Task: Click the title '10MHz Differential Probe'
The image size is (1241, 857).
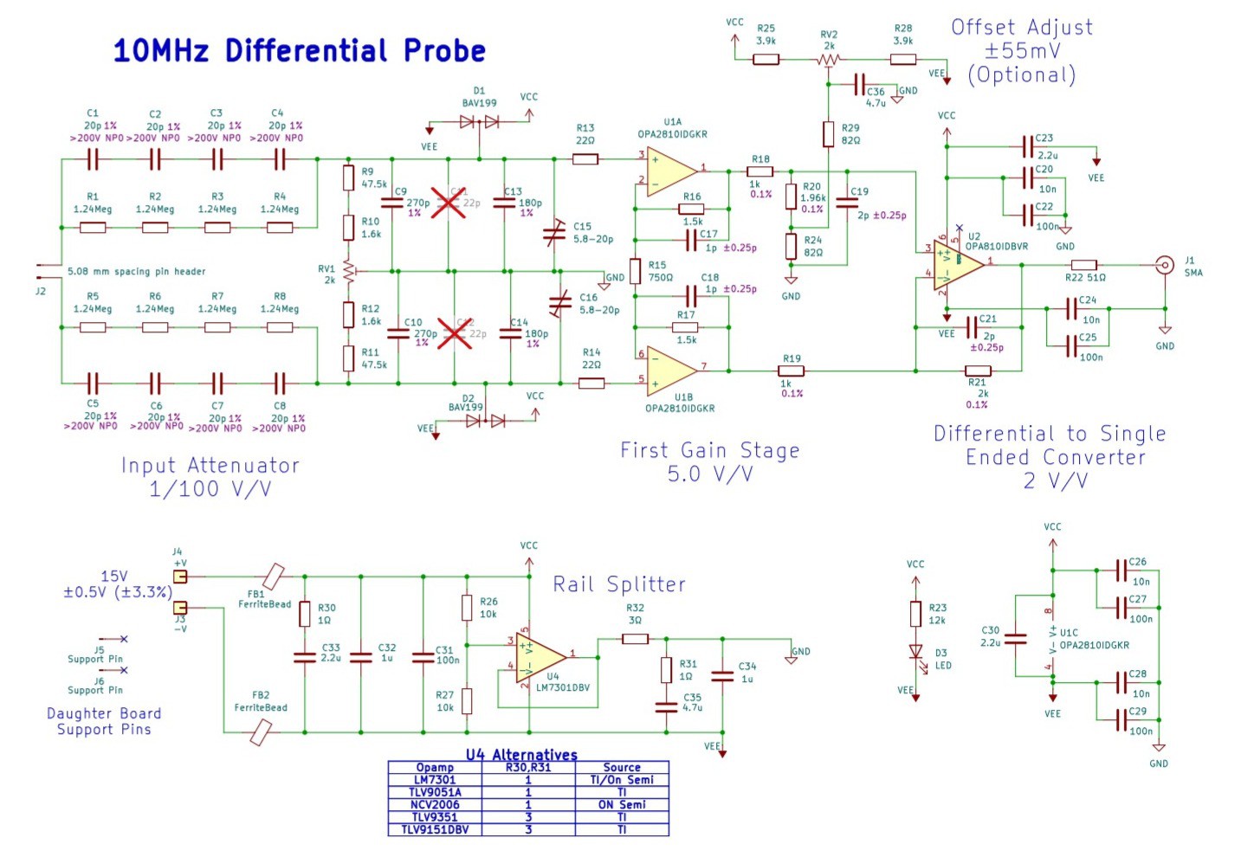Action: point(299,50)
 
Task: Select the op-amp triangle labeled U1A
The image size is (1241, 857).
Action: point(670,171)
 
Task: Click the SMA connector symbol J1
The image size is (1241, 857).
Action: point(1166,265)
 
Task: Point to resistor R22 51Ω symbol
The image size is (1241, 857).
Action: point(1083,265)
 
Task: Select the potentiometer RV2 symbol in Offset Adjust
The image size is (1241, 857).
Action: point(829,60)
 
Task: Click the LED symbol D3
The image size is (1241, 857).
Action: point(915,652)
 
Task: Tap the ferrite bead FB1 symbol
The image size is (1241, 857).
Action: point(274,576)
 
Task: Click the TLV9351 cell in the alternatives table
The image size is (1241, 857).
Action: point(435,816)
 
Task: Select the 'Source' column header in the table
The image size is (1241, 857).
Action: point(622,767)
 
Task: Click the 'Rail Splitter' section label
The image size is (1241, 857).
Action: point(619,584)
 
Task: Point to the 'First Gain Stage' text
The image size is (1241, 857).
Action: point(709,450)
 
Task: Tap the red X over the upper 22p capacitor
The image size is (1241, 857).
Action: point(448,203)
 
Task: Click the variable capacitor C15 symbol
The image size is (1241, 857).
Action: point(554,233)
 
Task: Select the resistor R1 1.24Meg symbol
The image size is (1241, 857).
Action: point(93,228)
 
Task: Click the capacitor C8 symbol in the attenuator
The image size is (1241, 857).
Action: point(280,383)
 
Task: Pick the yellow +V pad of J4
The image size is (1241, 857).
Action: point(180,577)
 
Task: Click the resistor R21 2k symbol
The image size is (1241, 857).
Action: point(978,371)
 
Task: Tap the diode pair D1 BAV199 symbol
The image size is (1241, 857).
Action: point(480,122)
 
